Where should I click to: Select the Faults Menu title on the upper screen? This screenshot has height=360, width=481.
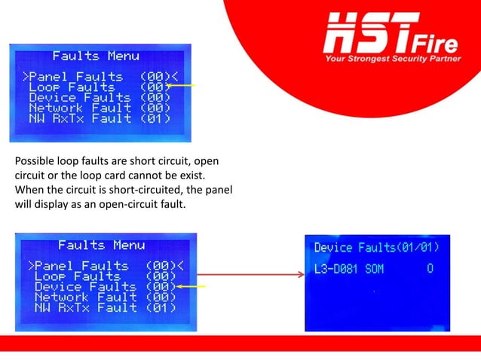[96, 56]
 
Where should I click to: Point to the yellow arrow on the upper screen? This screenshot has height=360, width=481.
[184, 86]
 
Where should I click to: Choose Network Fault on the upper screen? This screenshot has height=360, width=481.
[79, 108]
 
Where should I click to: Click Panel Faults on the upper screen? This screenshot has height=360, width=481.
[75, 77]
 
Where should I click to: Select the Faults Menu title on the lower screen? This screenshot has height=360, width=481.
[101, 245]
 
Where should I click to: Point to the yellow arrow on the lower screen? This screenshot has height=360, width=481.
[191, 287]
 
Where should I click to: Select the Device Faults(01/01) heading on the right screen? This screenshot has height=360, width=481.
[376, 247]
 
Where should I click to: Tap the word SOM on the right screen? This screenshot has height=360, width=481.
[376, 268]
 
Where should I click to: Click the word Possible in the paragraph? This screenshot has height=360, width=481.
[33, 160]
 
